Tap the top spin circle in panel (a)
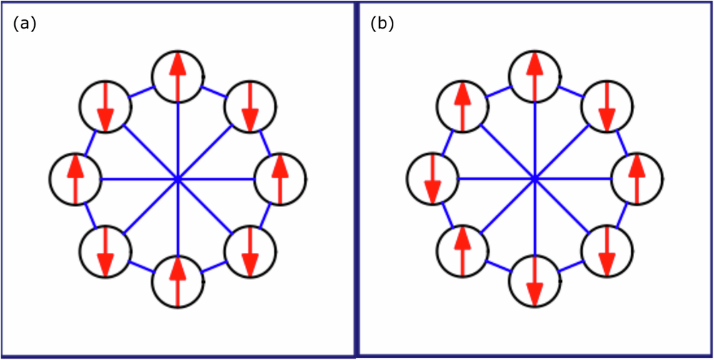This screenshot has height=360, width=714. click(178, 76)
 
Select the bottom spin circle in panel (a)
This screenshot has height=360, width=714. click(178, 280)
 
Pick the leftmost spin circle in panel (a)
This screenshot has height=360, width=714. click(76, 178)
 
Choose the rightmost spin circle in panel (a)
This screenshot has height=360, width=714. click(280, 178)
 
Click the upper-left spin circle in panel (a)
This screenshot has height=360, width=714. click(105, 106)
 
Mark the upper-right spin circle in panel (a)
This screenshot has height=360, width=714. click(250, 106)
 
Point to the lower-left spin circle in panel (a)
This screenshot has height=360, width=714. click(105, 251)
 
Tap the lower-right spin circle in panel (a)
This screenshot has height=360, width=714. click(250, 251)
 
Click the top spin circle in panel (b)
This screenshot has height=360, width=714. click(534, 76)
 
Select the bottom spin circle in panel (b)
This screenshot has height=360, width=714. click(534, 280)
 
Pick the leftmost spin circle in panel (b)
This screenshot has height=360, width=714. click(432, 178)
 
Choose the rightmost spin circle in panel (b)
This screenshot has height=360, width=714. click(637, 178)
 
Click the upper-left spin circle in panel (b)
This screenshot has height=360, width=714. click(462, 106)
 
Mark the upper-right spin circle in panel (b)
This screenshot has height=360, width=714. click(607, 106)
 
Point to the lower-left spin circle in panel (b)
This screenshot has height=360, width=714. click(462, 251)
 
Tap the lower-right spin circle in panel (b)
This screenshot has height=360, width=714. click(607, 251)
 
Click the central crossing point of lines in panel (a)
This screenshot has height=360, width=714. click(177, 179)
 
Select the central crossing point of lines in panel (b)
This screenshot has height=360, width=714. click(534, 179)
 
